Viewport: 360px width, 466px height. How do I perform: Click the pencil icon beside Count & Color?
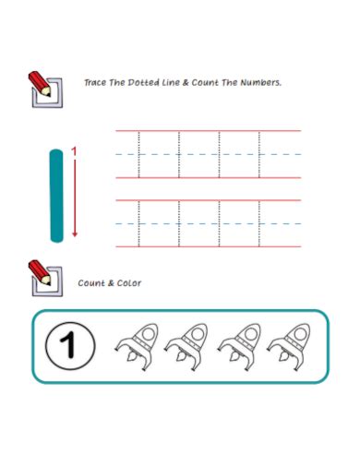point(45,273)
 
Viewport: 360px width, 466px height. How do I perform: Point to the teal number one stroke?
point(57,196)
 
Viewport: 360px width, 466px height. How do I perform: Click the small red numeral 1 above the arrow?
point(75,151)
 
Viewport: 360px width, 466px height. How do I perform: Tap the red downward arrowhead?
point(75,233)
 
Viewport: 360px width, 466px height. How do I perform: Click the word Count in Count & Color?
point(91,282)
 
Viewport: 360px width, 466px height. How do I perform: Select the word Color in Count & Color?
point(129,282)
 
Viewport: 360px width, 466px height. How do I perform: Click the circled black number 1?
point(66,346)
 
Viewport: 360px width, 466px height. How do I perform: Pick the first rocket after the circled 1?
point(135,345)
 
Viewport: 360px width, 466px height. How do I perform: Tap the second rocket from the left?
point(186,345)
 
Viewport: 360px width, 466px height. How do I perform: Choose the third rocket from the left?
point(238,345)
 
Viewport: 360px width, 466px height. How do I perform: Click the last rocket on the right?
point(289,345)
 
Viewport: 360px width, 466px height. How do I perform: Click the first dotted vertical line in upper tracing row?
point(138,154)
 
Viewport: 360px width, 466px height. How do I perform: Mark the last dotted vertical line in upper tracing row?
point(260,154)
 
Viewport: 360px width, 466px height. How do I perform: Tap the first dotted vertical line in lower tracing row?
point(138,222)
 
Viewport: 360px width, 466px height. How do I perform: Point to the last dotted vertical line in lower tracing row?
point(260,222)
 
